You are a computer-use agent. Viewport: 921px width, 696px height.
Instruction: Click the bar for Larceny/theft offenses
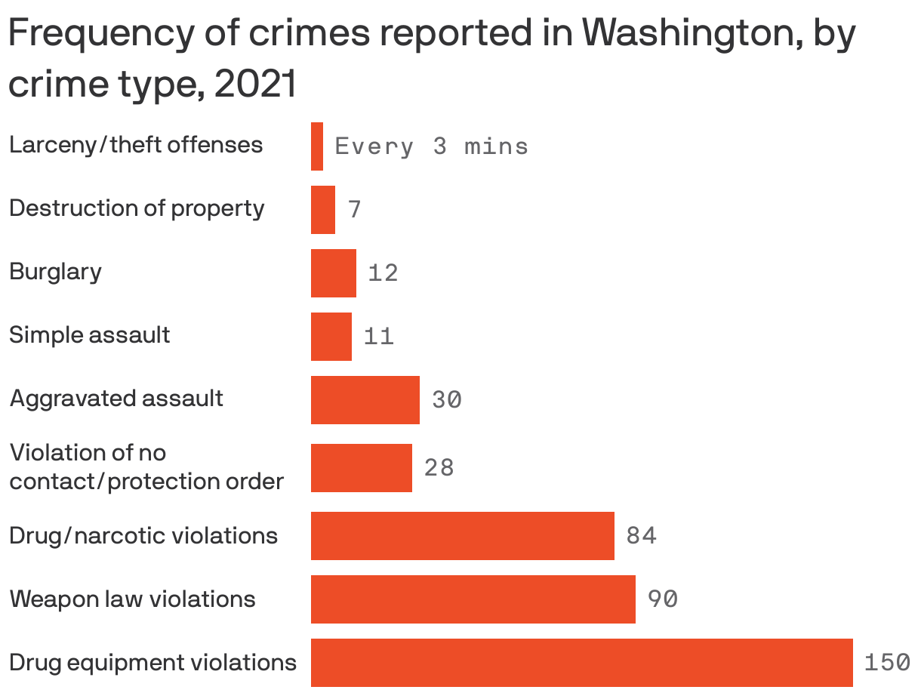point(317,146)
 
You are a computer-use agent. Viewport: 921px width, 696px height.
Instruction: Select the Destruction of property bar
point(323,209)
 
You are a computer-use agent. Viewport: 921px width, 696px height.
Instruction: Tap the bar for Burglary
point(334,273)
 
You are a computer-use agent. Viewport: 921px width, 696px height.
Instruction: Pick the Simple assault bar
point(331,336)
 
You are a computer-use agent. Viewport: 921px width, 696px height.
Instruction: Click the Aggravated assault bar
point(365,399)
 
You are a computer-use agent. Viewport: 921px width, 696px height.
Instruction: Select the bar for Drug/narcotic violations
point(463,535)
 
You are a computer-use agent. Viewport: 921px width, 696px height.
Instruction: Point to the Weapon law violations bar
point(473,599)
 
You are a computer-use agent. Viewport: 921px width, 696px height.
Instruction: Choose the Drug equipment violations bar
point(582,662)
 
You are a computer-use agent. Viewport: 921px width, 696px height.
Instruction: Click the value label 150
point(887,663)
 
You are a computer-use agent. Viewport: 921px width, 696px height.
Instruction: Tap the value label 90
point(662,599)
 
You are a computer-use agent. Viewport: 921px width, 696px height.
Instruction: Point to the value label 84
point(641,536)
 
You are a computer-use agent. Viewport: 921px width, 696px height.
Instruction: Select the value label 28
point(439,468)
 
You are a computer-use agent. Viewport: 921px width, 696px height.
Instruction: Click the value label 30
point(447,400)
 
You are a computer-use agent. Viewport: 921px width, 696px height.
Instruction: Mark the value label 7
point(355,210)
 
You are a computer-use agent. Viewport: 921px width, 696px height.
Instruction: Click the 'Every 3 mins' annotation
point(431,146)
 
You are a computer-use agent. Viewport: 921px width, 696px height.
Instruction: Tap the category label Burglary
point(55,272)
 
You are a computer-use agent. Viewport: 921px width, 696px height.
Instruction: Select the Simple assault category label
point(90,334)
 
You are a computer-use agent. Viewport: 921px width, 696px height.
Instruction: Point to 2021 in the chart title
point(255,85)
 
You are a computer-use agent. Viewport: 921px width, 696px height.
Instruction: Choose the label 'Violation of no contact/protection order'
point(146,467)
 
